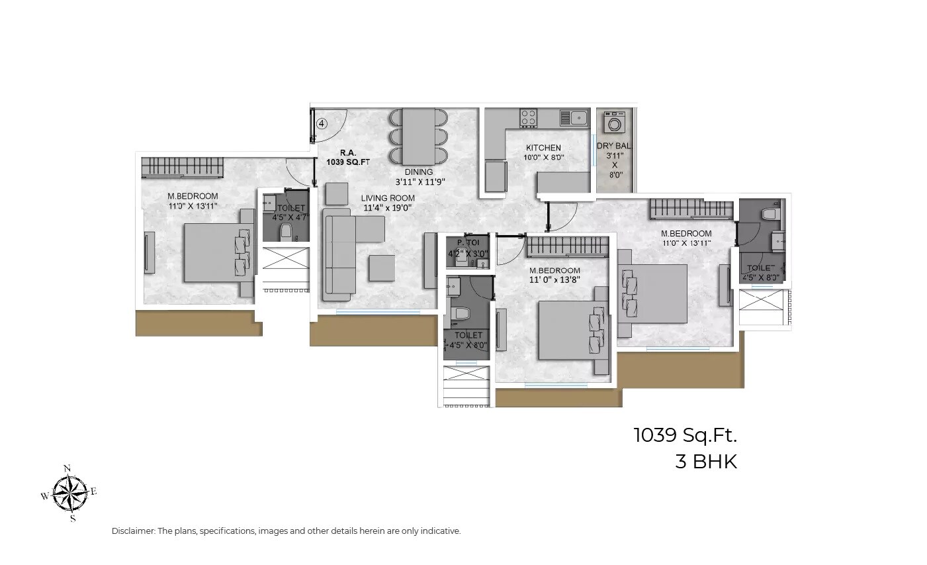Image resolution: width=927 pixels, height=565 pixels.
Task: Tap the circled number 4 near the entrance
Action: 322,123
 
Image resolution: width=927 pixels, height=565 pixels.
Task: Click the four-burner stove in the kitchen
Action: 528,118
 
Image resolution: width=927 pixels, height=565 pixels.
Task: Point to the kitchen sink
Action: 574,118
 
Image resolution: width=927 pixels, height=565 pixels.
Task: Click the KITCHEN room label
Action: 543,148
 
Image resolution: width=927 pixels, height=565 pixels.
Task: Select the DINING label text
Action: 419,172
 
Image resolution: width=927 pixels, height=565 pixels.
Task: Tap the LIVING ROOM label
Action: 388,198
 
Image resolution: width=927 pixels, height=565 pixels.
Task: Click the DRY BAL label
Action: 614,146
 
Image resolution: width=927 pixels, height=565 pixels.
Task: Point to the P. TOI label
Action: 468,242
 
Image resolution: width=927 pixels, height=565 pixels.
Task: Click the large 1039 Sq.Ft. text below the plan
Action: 685,435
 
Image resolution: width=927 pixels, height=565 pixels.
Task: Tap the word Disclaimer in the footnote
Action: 133,531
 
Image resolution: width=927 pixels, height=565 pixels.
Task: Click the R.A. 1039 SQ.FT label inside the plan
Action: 348,156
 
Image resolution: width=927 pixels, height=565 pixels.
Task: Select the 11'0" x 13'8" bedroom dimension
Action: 554,280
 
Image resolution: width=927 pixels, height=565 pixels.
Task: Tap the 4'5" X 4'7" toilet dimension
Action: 291,217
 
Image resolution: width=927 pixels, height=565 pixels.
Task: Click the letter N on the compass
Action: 67,468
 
